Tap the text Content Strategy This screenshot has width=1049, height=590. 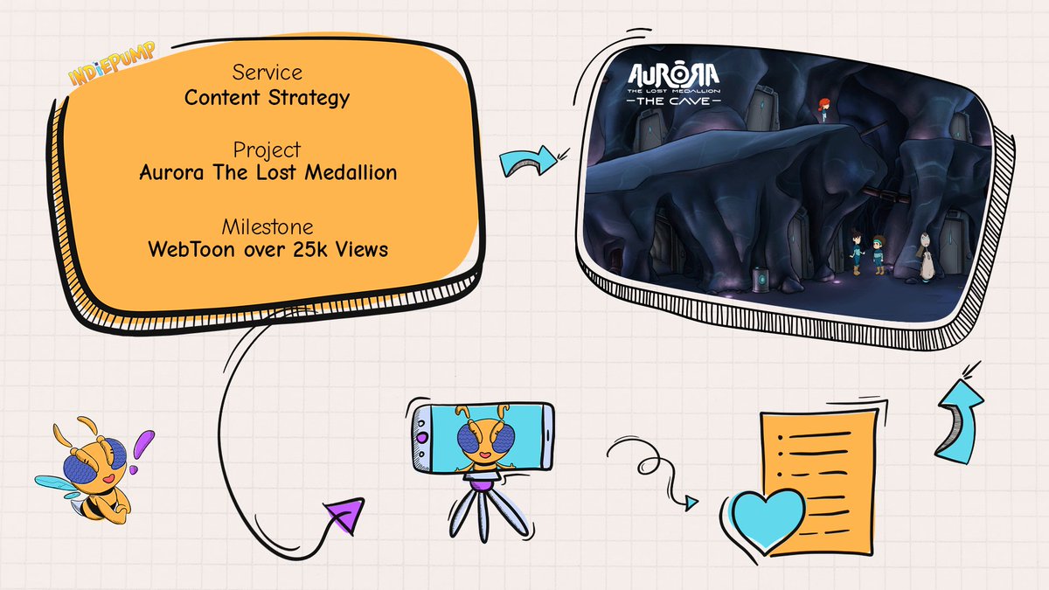pos(267,96)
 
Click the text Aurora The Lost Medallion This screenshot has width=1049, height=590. pos(267,172)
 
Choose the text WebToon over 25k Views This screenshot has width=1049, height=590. pos(267,248)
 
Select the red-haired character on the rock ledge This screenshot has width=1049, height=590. pos(822,109)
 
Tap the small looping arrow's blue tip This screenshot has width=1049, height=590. pos(692,503)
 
